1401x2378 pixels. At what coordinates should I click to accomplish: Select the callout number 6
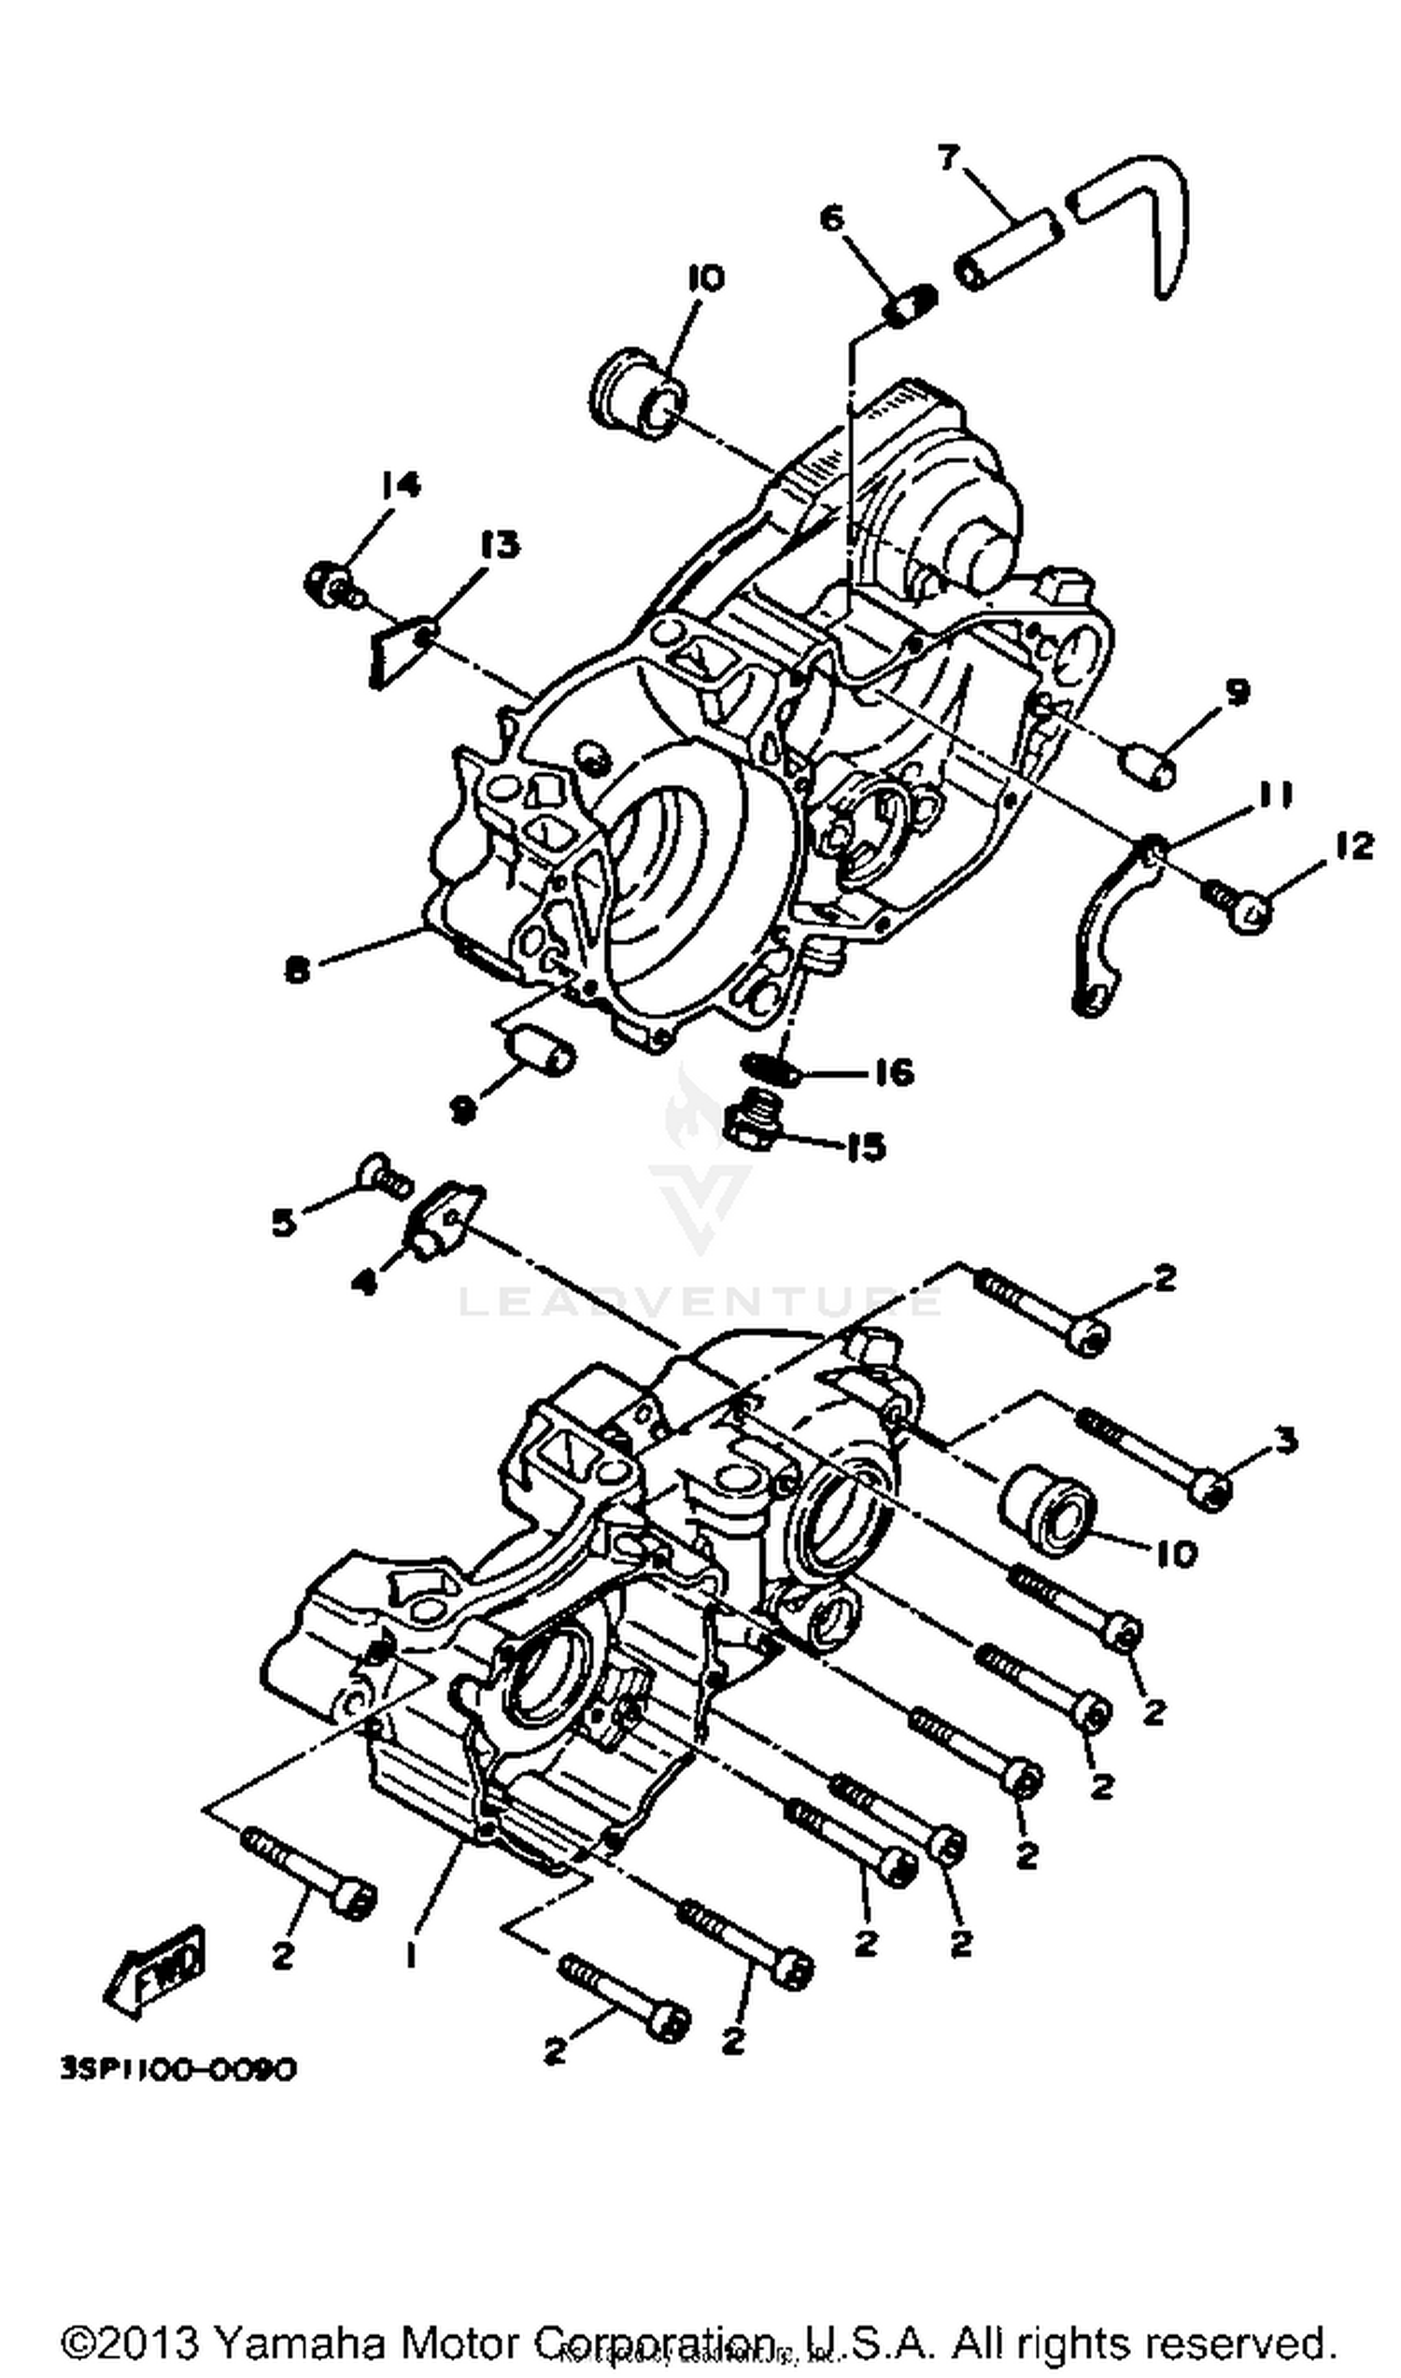(x=830, y=218)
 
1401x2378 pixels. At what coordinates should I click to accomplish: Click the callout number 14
(x=401, y=485)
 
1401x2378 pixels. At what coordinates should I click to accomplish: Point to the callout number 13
(x=499, y=544)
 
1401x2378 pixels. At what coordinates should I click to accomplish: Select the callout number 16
(x=893, y=1072)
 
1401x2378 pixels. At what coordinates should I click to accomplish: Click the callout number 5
(x=283, y=1224)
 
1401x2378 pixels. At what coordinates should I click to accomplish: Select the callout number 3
(x=1285, y=1441)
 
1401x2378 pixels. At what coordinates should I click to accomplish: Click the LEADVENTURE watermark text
(x=699, y=1302)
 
